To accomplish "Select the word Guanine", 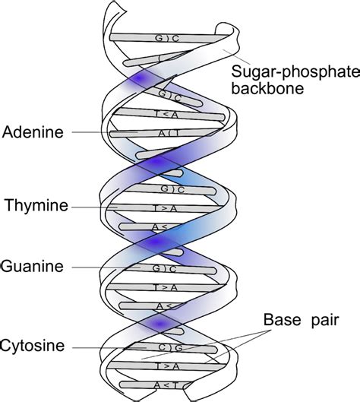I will click(33, 267).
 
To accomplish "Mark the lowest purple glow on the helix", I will click(159, 325).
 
